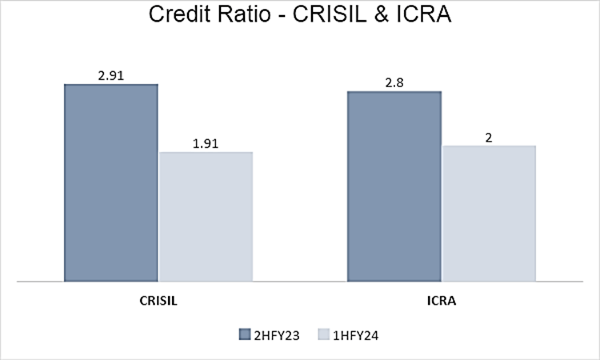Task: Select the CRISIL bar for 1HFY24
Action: click(206, 216)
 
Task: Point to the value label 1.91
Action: click(206, 144)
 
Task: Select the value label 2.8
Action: click(394, 82)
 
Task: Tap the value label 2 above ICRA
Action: click(488, 138)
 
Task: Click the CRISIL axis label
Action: click(158, 303)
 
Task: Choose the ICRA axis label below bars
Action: click(442, 303)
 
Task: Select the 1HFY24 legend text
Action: click(357, 335)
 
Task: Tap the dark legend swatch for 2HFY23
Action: click(244, 335)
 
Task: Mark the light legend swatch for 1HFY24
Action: click(323, 335)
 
